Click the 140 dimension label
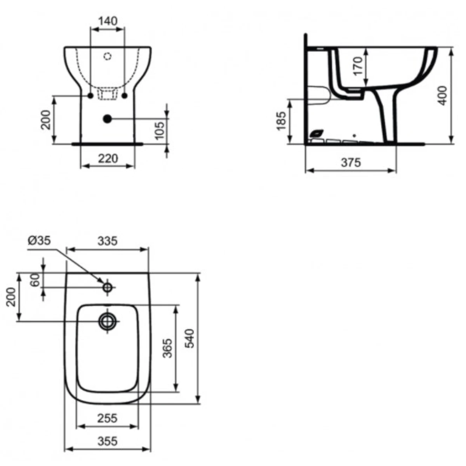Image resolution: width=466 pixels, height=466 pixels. tap(108, 21)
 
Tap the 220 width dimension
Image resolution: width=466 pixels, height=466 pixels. tap(108, 159)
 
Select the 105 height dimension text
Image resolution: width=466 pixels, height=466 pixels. tap(160, 130)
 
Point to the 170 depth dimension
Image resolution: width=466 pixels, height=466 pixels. tap(358, 66)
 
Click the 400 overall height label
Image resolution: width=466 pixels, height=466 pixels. tap(443, 96)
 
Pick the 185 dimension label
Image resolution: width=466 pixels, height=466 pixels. tap(281, 121)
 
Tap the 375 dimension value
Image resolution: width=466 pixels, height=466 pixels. tap(351, 162)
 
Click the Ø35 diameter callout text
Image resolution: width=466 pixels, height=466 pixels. tap(39, 241)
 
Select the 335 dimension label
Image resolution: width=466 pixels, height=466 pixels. tap(108, 241)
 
